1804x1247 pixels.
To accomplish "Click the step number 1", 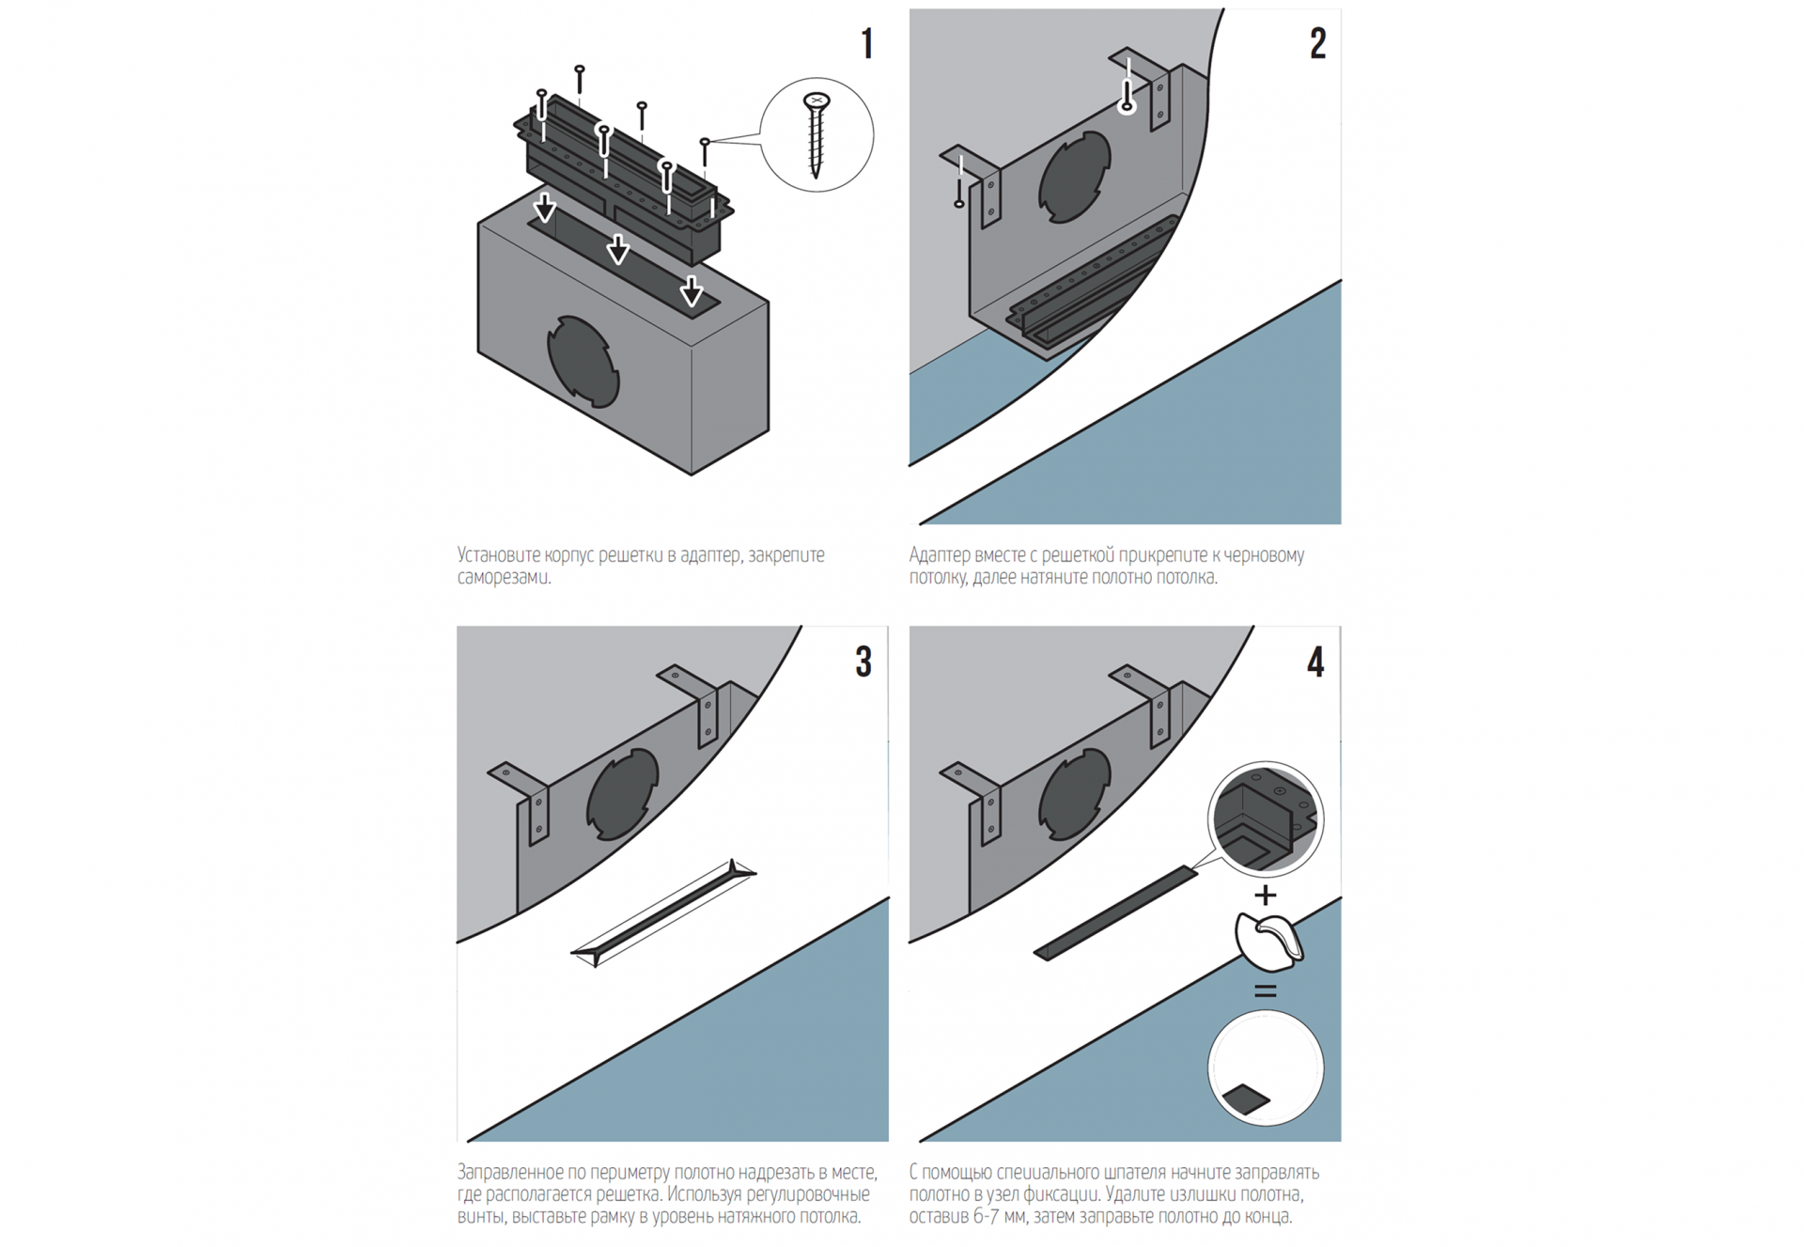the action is pyautogui.click(x=867, y=43).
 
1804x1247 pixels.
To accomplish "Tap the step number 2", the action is pyautogui.click(x=1318, y=43).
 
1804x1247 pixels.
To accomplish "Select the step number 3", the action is pyautogui.click(x=863, y=662).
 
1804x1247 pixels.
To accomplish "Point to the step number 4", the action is pyautogui.click(x=1315, y=662).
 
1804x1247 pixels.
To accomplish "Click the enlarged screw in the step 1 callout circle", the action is pyautogui.click(x=816, y=134).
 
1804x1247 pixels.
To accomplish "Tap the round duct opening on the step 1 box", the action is pyautogui.click(x=583, y=362).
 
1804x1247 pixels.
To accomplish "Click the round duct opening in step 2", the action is pyautogui.click(x=1075, y=177).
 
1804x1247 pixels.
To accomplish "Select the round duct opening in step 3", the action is pyautogui.click(x=623, y=794).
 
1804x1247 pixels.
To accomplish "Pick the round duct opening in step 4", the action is pyautogui.click(x=1075, y=794).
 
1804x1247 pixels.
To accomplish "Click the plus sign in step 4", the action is pyautogui.click(x=1266, y=895).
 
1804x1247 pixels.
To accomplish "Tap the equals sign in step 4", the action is pyautogui.click(x=1266, y=990).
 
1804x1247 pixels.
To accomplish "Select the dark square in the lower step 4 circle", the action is pyautogui.click(x=1246, y=1099).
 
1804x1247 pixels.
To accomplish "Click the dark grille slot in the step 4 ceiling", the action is pyautogui.click(x=1115, y=913).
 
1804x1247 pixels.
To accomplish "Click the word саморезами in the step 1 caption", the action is pyautogui.click(x=504, y=577).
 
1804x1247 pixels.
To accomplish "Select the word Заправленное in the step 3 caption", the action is pyautogui.click(x=509, y=1173).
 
